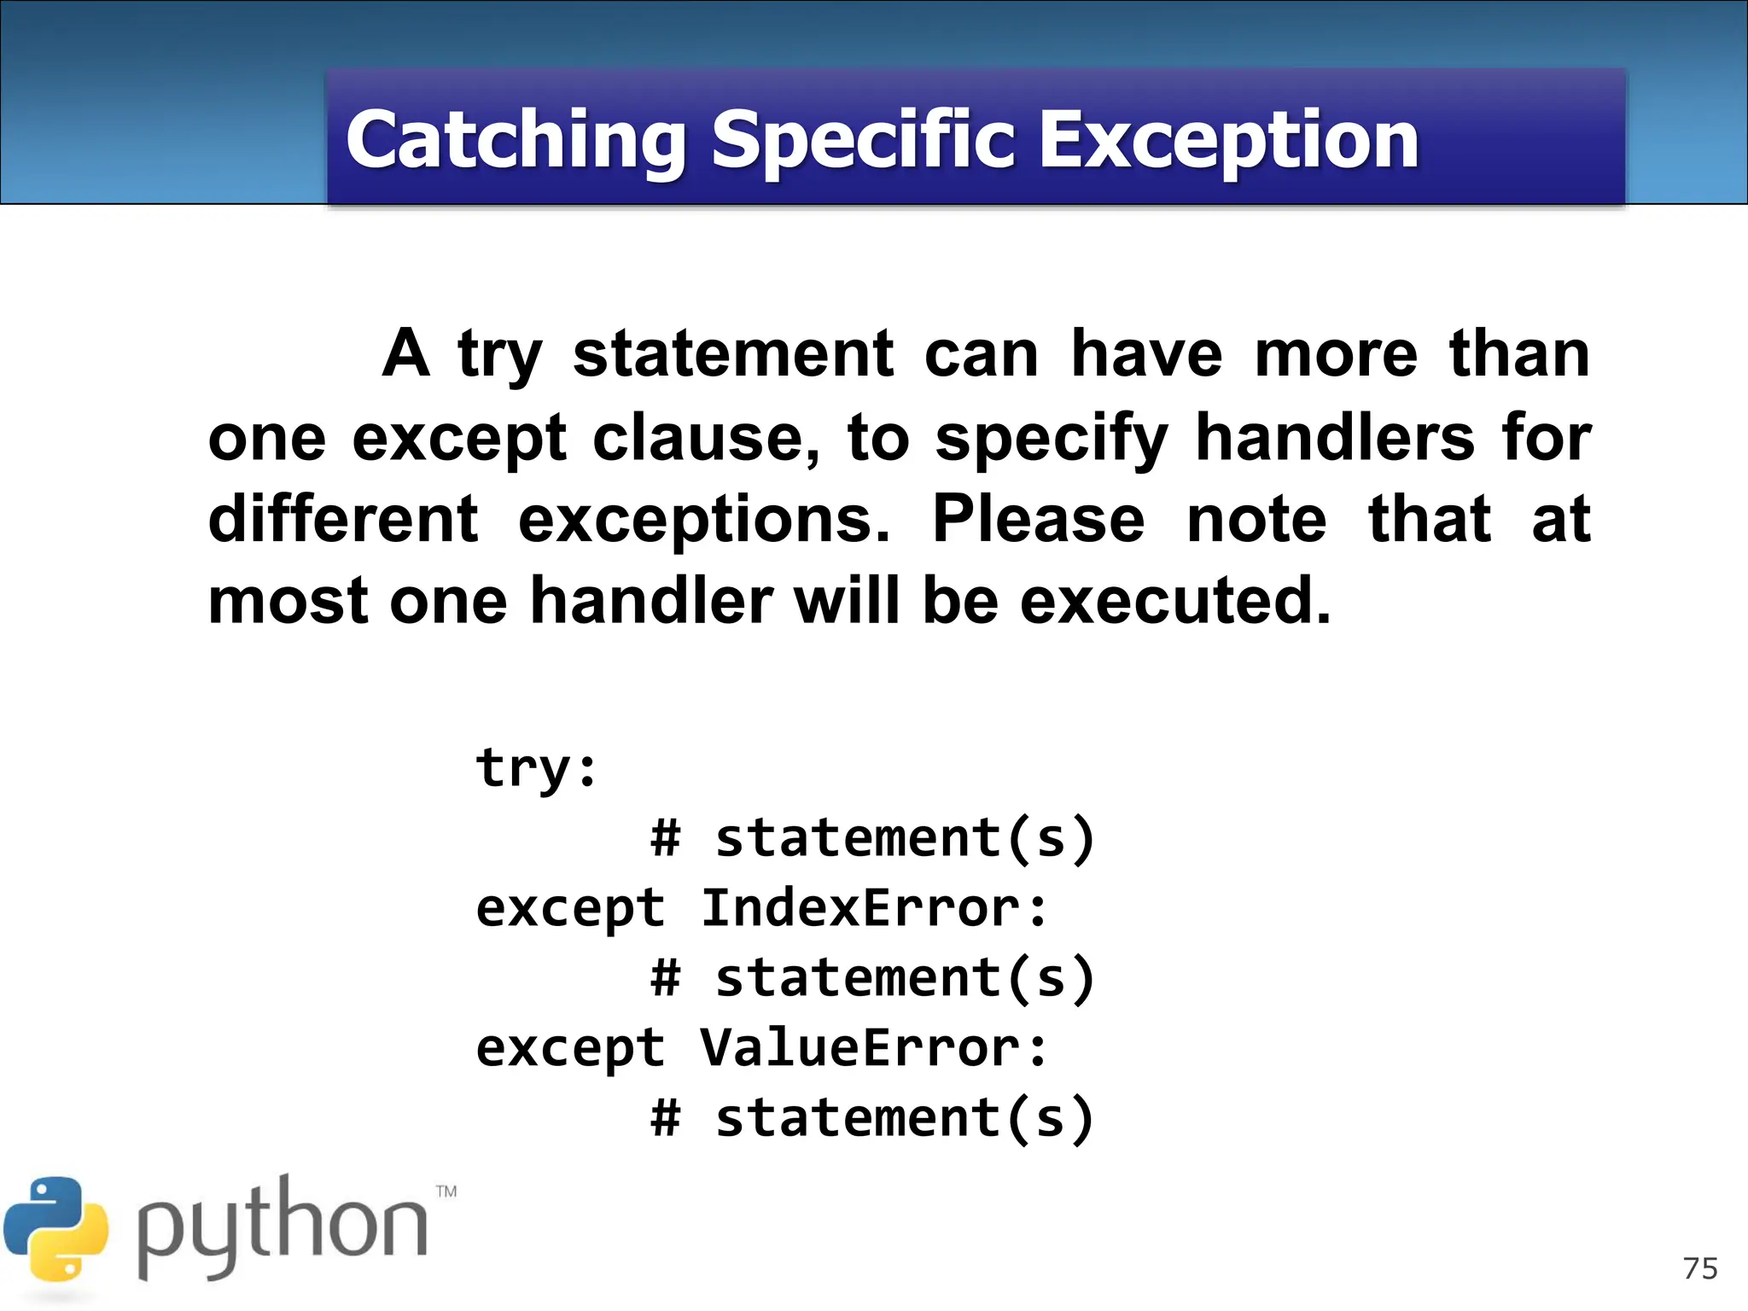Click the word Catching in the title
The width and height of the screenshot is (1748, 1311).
[x=516, y=141]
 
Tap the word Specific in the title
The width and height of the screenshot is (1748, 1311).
[x=863, y=141]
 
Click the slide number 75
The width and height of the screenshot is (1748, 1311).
[x=1700, y=1268]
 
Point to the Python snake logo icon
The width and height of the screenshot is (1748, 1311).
[x=55, y=1229]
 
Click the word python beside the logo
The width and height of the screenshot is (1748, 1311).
[x=282, y=1229]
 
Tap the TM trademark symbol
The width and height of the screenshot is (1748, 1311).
[x=446, y=1192]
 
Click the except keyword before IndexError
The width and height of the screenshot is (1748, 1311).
[x=569, y=909]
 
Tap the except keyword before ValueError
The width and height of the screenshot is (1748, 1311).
[x=569, y=1049]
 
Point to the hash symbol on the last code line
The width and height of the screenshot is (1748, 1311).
[x=666, y=1118]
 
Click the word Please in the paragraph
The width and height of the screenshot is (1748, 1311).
[x=1038, y=519]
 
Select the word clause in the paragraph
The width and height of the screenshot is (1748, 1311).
[x=705, y=439]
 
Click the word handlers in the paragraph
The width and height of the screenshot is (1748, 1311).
[x=1334, y=437]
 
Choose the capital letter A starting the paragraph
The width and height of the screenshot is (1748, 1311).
[x=405, y=353]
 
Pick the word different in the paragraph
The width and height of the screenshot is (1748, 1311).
[x=343, y=519]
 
